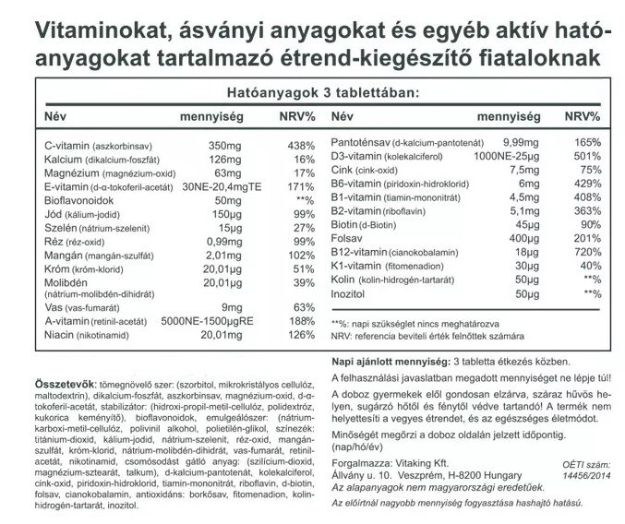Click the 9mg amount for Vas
[x=230, y=306]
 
